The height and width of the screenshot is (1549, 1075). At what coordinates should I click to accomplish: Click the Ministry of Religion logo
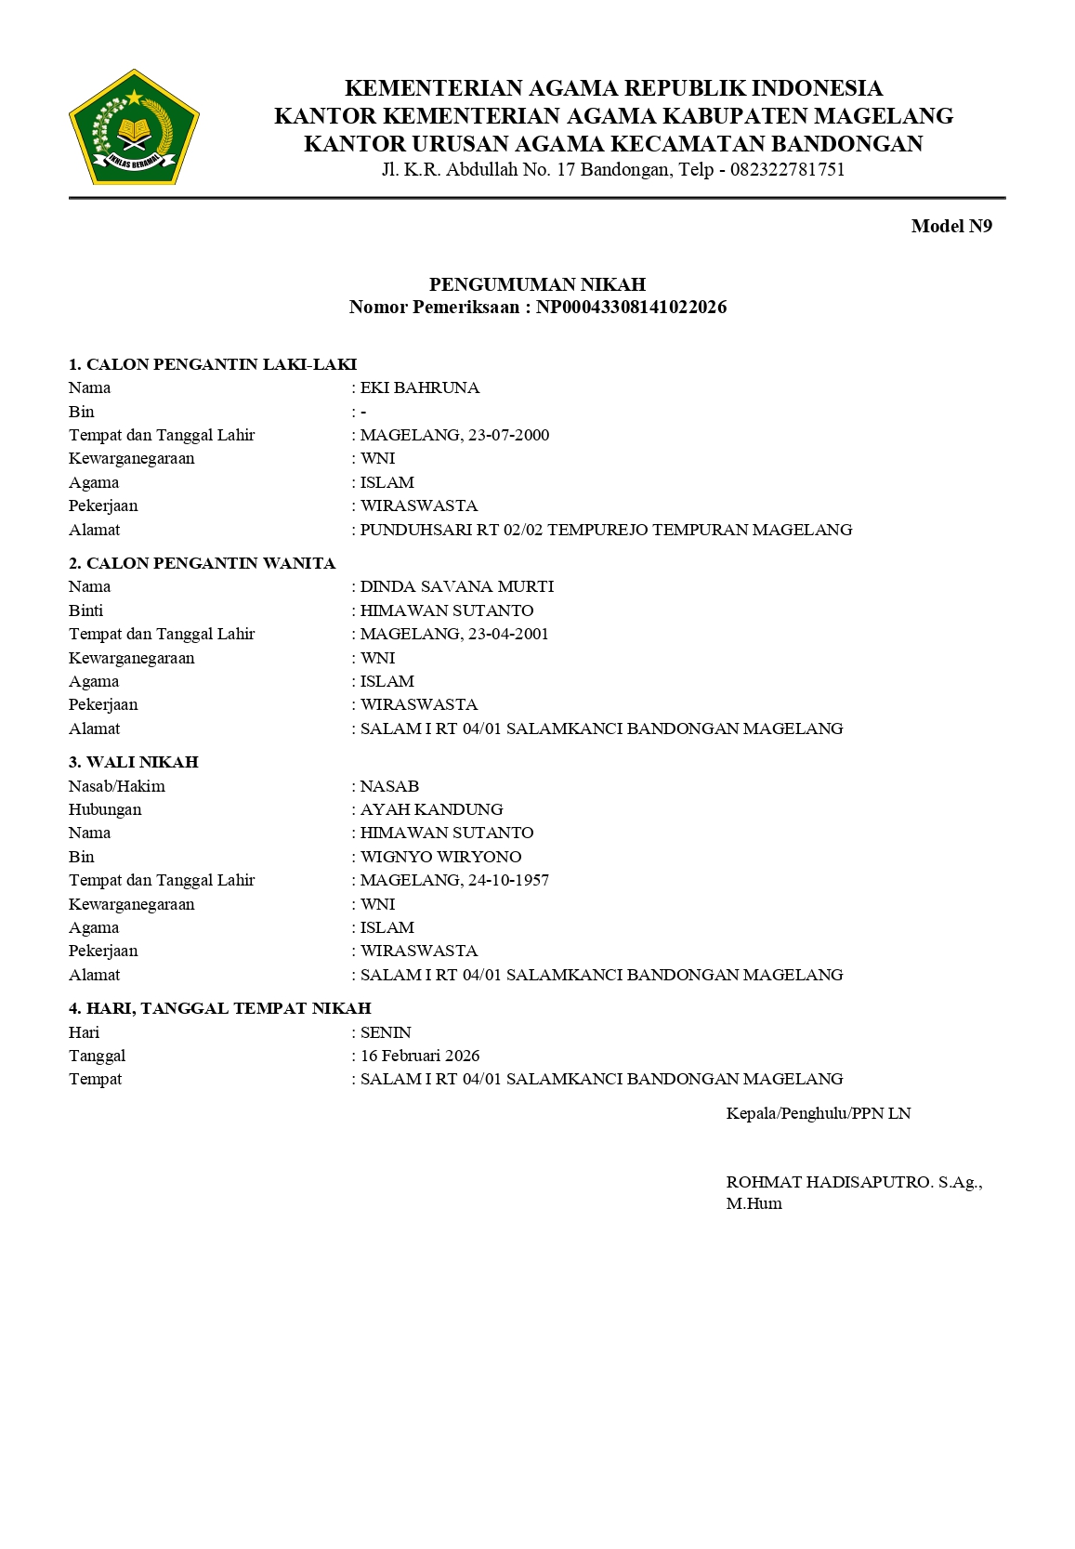coord(134,127)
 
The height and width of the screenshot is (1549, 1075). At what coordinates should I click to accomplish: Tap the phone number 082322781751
coord(787,170)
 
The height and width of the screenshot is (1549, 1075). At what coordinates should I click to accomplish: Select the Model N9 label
coord(951,226)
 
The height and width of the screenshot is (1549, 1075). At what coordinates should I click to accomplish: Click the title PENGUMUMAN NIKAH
coord(537,284)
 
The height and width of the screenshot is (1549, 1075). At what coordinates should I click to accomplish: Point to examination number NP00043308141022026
coord(631,308)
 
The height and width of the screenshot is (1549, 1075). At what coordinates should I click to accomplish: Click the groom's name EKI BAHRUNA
coord(420,388)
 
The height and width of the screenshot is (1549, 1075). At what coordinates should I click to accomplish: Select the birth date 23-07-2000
coord(508,435)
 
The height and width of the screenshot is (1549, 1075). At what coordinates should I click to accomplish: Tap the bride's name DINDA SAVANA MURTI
coord(457,587)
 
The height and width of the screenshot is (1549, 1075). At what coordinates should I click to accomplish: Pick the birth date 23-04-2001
coord(508,635)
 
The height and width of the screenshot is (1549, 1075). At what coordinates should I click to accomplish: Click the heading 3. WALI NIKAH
coord(134,762)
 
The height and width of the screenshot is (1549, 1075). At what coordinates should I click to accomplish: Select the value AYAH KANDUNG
coord(432,809)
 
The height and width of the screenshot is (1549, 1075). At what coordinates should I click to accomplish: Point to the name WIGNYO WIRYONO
coord(441,857)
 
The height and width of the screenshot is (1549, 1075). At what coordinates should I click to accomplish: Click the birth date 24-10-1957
coord(508,880)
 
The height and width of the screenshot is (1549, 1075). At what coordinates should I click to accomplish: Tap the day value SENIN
coord(386,1032)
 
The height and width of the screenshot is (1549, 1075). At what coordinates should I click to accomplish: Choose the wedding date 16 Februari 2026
coord(420,1056)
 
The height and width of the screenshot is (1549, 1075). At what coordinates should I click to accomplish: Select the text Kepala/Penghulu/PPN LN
coord(819,1113)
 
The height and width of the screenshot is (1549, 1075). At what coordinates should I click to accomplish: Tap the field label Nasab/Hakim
coord(117,786)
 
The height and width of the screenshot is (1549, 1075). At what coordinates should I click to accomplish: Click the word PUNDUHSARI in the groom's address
coord(404,530)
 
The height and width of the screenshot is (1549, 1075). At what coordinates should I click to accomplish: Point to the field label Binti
coord(86,610)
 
